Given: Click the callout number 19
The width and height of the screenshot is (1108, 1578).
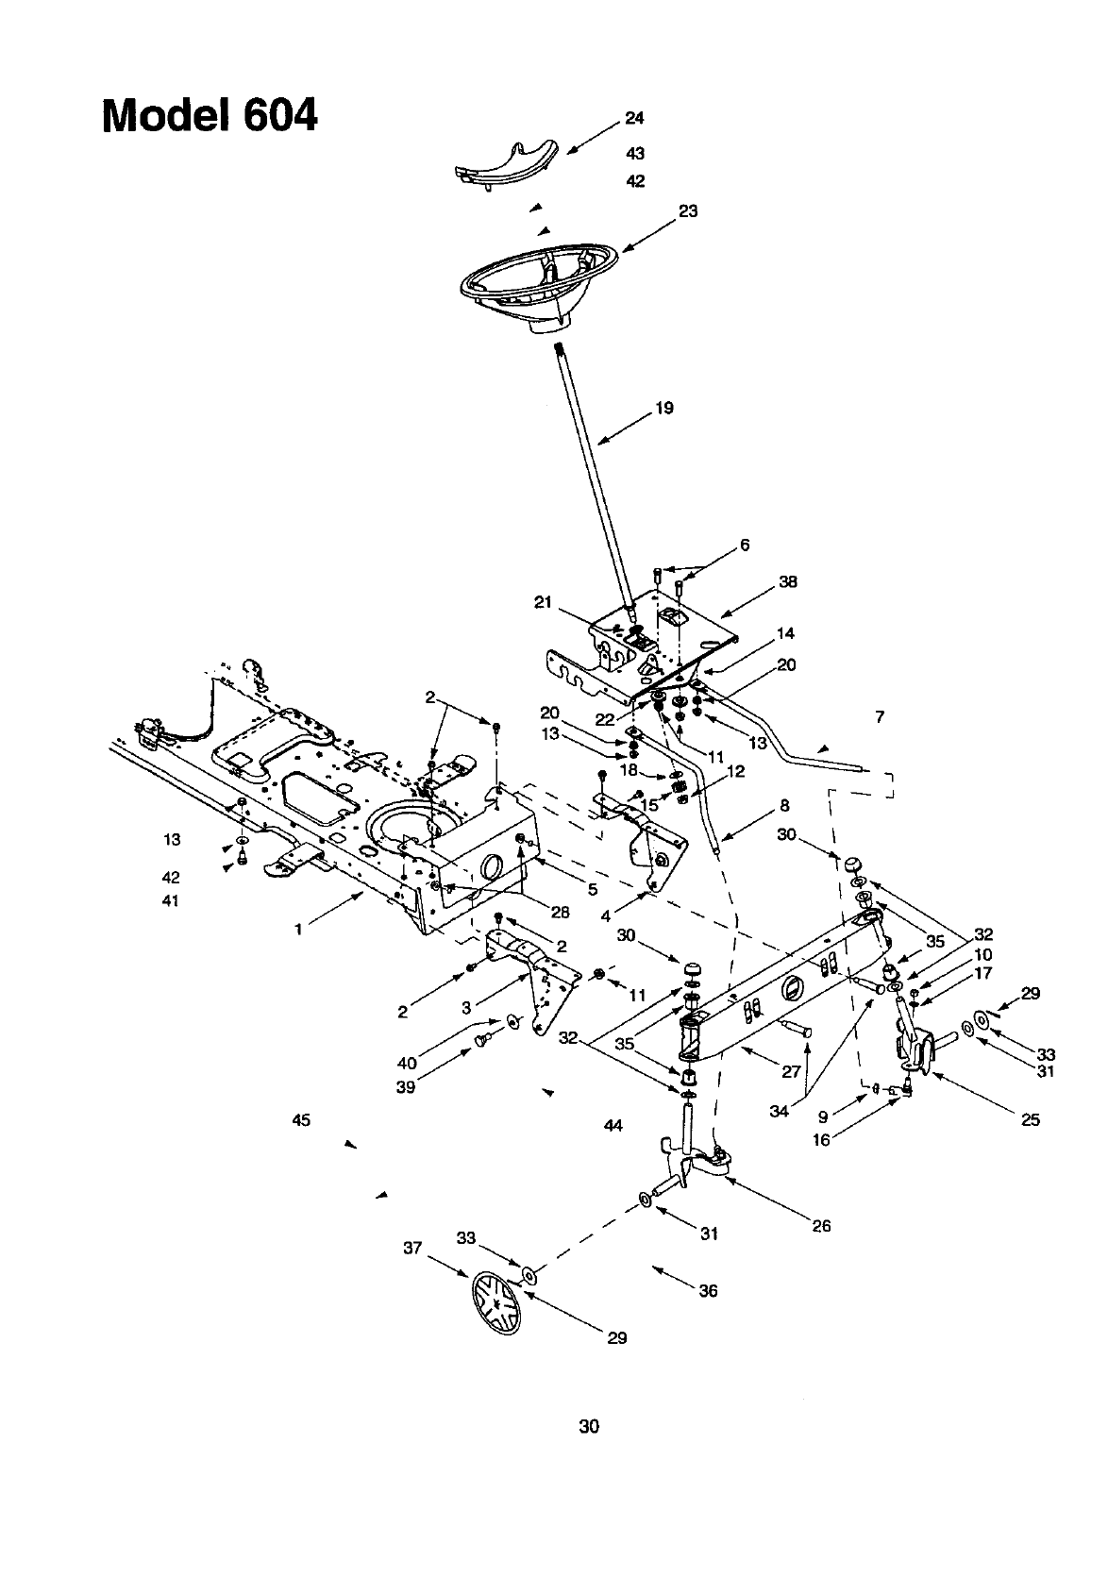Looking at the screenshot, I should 664,409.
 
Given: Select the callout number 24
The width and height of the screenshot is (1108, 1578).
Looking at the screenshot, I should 634,118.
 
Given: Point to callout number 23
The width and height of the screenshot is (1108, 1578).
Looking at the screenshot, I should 688,211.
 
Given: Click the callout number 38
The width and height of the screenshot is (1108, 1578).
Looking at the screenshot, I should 788,582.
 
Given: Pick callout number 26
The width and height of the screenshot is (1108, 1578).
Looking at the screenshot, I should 821,1226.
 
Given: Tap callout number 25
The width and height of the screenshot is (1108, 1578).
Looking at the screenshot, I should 1030,1119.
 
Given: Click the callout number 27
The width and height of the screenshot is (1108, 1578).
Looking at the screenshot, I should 791,1071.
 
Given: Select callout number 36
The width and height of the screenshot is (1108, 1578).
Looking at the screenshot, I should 708,1290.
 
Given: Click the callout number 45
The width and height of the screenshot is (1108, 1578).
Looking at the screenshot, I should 301,1120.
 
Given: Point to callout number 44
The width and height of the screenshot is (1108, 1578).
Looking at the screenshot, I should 613,1125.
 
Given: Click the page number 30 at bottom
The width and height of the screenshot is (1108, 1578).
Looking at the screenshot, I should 589,1425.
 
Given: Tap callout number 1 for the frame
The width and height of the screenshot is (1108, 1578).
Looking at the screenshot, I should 298,930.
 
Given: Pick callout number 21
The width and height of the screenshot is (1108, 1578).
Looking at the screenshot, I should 543,603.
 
